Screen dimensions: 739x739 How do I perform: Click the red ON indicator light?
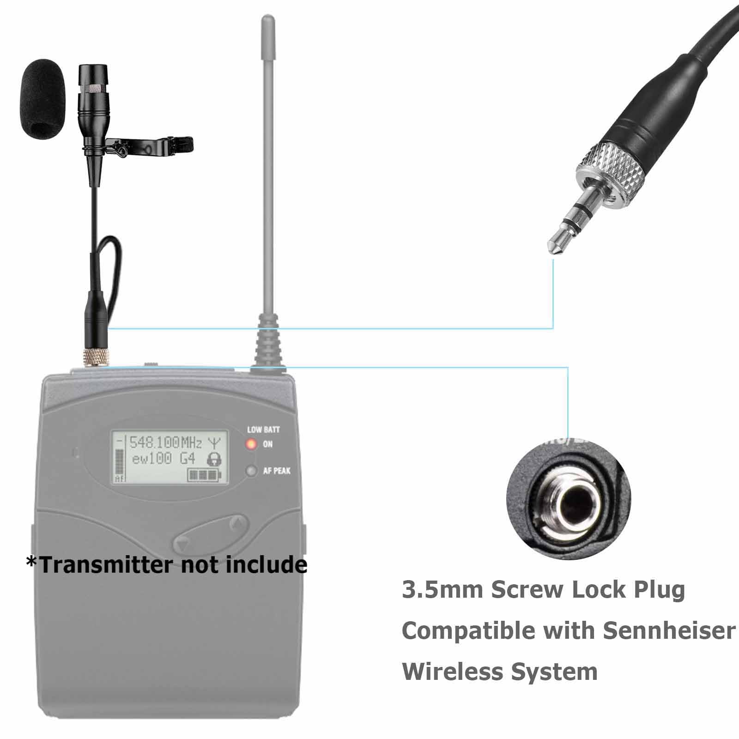pos(251,445)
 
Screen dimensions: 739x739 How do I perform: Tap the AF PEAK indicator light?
pos(251,471)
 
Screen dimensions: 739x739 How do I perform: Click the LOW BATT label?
pos(263,430)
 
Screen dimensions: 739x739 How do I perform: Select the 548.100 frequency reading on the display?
pos(154,443)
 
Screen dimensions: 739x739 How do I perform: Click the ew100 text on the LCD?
pos(152,459)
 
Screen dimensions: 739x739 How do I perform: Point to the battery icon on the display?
pos(205,475)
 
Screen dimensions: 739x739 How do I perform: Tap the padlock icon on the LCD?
pos(213,459)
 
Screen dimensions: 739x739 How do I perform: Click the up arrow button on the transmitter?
pos(237,523)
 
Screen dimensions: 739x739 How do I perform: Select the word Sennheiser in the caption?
pos(669,630)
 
